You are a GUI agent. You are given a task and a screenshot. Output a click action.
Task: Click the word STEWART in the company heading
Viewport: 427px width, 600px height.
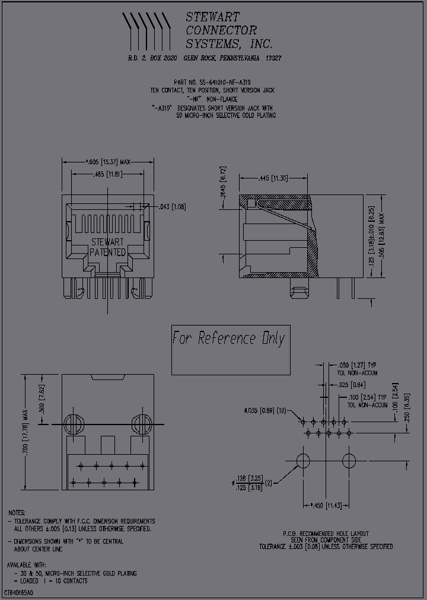pos(212,17)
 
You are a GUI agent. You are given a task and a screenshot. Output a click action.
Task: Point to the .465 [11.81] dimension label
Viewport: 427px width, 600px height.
pos(107,174)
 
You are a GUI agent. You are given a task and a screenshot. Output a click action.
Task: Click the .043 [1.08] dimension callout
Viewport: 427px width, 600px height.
pos(173,206)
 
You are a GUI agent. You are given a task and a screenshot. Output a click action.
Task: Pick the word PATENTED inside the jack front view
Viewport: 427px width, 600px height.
pos(107,252)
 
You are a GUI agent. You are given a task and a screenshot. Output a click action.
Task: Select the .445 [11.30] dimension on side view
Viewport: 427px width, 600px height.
pos(273,178)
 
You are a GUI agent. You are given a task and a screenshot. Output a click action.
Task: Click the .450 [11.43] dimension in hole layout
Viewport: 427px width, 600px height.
pos(326,505)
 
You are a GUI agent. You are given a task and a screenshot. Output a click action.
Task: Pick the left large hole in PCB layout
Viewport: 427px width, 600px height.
pos(303,460)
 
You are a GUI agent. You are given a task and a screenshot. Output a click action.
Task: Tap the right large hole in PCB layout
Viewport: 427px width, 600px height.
pos(349,460)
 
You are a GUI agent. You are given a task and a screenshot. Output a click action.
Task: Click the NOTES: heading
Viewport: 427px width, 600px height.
pos(17,512)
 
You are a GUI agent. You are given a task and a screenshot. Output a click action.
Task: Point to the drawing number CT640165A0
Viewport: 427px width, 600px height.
pos(18,593)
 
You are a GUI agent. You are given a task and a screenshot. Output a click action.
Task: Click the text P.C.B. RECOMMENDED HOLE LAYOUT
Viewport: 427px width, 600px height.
pos(325,534)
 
